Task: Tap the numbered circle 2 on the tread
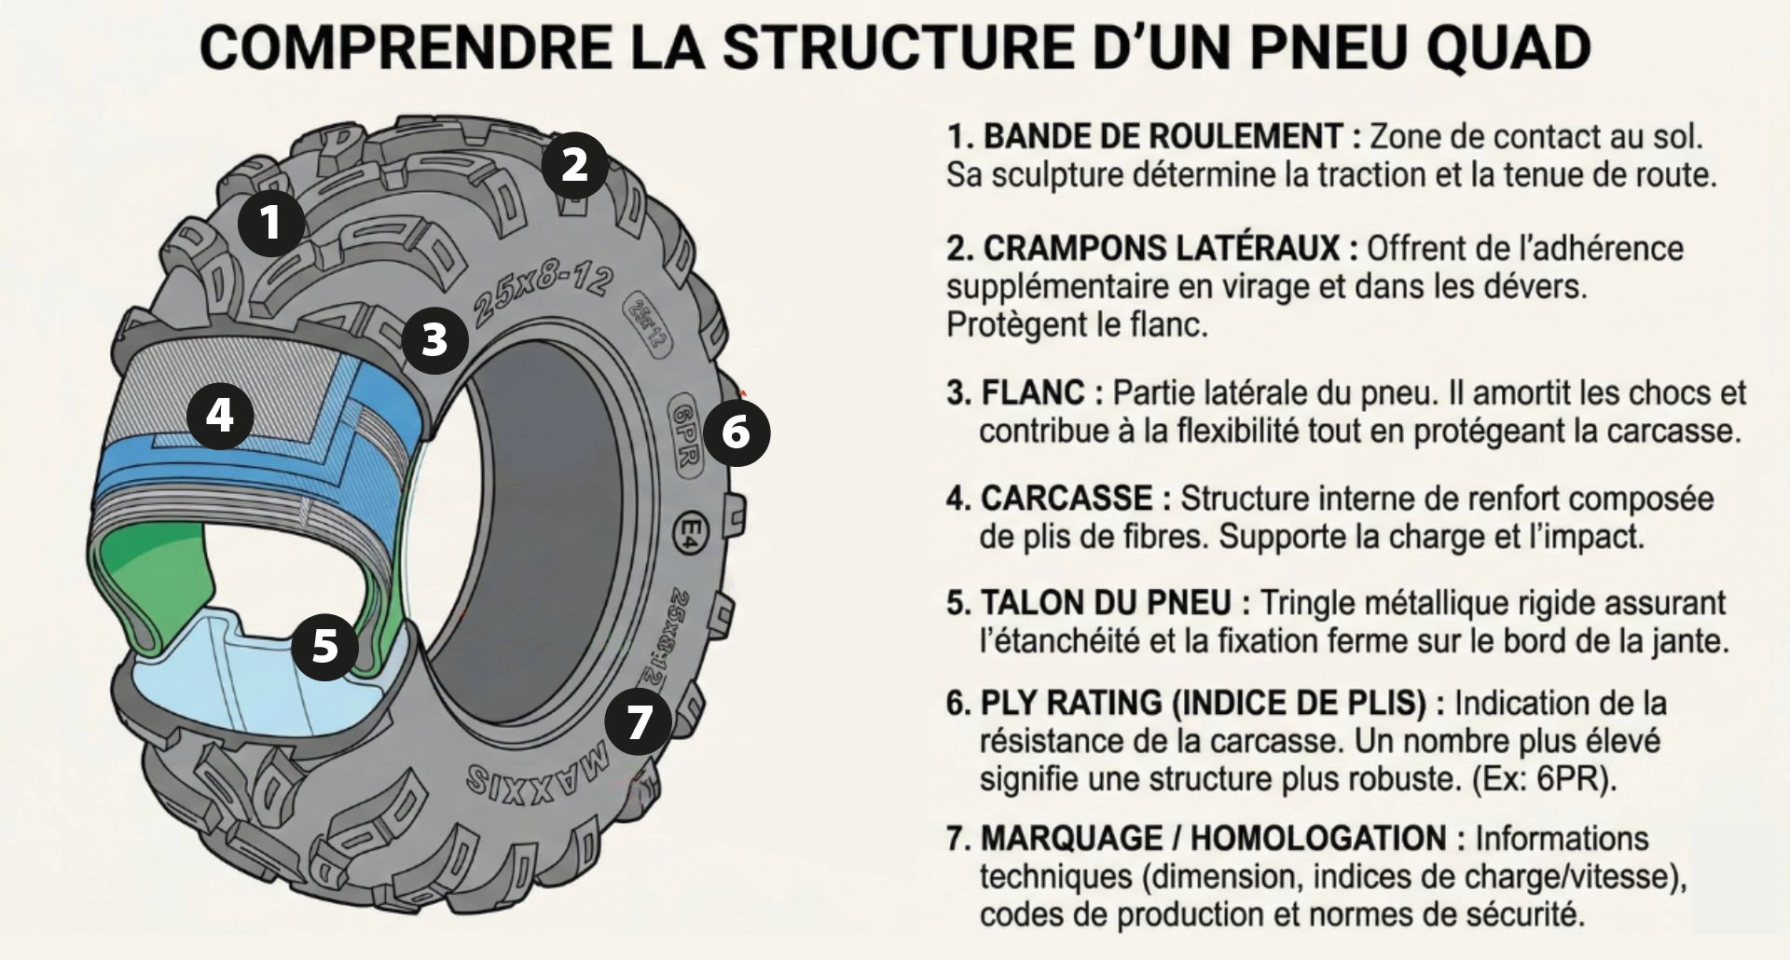pos(574,165)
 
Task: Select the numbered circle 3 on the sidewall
pos(434,340)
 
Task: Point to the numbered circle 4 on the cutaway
pos(220,415)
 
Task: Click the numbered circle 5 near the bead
pos(324,645)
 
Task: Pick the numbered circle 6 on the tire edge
pos(736,432)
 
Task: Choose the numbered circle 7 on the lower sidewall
pos(639,722)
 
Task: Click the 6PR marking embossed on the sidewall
pos(685,436)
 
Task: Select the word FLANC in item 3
pos(1032,392)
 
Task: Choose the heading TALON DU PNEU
pos(1105,603)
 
